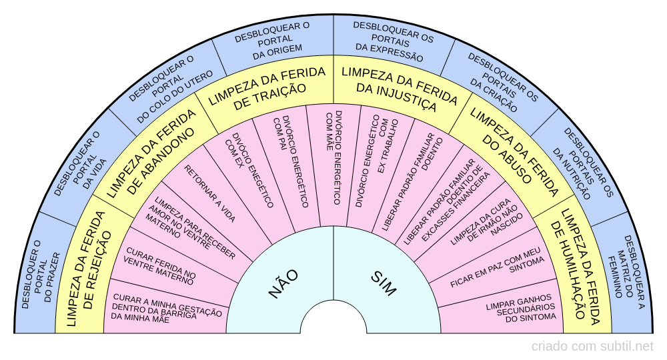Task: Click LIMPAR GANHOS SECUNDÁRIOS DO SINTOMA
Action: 520,307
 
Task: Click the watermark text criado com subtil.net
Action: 592,346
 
